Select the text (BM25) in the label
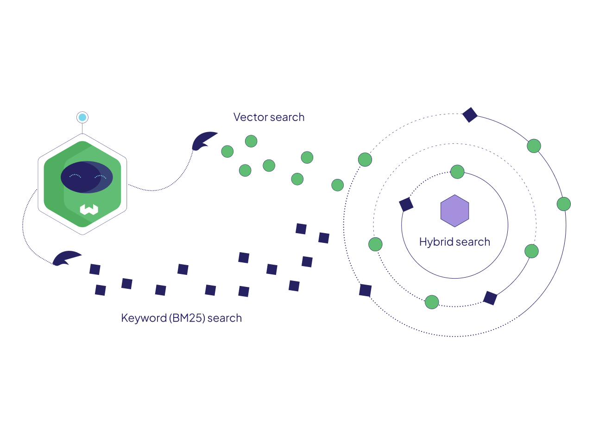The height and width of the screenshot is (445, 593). (187, 318)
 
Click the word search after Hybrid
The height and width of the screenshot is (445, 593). (473, 242)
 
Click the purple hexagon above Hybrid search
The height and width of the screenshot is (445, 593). (455, 211)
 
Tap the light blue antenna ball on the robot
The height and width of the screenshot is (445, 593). (82, 117)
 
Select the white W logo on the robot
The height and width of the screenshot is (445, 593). (89, 210)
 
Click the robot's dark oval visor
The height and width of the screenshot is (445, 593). (87, 177)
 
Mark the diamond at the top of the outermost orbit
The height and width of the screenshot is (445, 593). (470, 114)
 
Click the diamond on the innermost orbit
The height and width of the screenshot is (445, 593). (406, 204)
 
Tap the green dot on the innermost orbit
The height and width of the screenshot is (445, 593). (457, 172)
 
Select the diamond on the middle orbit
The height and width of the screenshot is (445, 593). (490, 298)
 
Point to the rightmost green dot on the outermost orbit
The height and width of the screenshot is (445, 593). (563, 204)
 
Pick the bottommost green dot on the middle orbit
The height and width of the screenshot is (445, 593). (432, 302)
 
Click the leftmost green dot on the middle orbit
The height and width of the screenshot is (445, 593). (375, 244)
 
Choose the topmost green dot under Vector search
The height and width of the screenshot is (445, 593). (251, 141)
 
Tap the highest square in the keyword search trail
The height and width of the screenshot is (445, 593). (301, 229)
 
